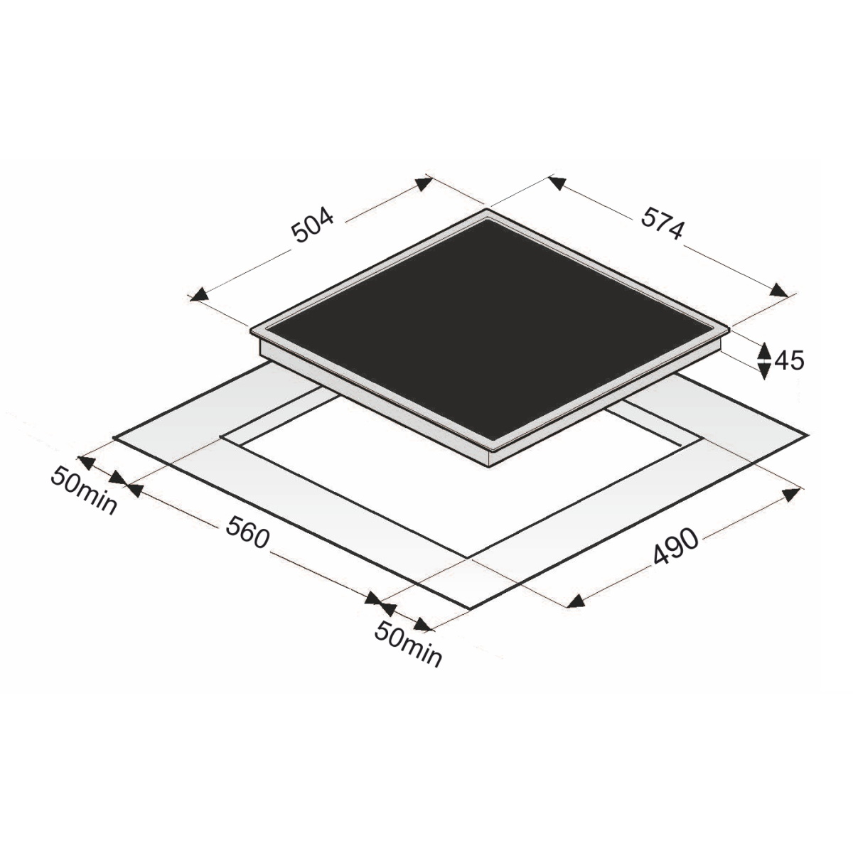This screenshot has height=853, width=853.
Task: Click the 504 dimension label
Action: [312, 225]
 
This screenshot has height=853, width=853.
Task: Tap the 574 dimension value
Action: [662, 224]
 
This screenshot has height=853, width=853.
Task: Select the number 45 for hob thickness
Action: [789, 361]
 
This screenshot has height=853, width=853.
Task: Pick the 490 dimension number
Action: [675, 547]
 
